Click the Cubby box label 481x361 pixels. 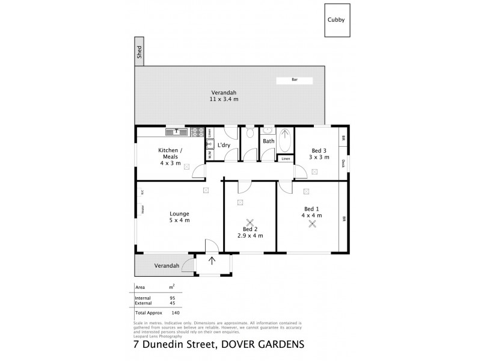click(x=335, y=19)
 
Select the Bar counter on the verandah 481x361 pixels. click(x=295, y=79)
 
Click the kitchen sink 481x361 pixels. click(x=177, y=131)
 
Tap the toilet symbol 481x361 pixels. click(x=250, y=134)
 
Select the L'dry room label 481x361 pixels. click(x=224, y=145)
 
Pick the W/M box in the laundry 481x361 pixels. click(x=210, y=155)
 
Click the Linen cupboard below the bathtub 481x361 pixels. click(x=285, y=158)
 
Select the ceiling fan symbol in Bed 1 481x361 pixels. click(x=312, y=224)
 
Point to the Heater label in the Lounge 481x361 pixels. click(x=142, y=209)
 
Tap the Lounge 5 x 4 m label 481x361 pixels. click(x=179, y=217)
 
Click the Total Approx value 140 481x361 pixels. click(x=176, y=313)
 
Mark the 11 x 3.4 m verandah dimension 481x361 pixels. click(x=224, y=99)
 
